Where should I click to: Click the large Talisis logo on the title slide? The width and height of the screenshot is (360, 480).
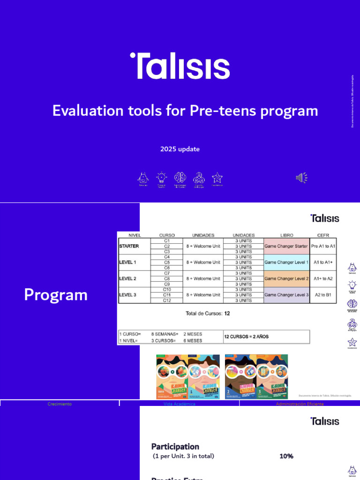(180, 66)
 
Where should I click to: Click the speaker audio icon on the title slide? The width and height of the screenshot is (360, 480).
(301, 178)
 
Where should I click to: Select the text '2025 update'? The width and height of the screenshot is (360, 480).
(180, 149)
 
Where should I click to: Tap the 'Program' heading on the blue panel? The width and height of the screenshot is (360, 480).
(56, 295)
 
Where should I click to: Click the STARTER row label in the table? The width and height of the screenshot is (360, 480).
(129, 246)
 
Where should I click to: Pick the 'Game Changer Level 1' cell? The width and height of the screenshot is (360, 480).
(286, 262)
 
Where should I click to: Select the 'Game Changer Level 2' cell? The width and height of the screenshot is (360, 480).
(286, 278)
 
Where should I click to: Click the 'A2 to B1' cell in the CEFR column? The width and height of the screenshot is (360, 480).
(323, 295)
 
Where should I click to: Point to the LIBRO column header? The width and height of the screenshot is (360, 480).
(286, 235)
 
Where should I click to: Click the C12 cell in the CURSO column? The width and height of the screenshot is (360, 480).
(167, 300)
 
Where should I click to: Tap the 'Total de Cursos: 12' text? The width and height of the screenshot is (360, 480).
(208, 313)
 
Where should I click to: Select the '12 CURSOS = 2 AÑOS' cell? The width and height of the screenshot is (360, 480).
(247, 337)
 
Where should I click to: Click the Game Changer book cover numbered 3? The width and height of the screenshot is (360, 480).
(272, 376)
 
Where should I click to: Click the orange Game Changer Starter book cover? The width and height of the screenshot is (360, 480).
(172, 376)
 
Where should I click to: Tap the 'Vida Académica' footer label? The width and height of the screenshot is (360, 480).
(180, 404)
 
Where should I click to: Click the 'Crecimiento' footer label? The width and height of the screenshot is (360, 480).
(60, 404)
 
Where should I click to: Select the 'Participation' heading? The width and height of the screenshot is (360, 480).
(175, 446)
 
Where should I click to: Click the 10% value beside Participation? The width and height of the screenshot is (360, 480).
(286, 456)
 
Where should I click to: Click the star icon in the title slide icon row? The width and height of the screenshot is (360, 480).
(217, 178)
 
